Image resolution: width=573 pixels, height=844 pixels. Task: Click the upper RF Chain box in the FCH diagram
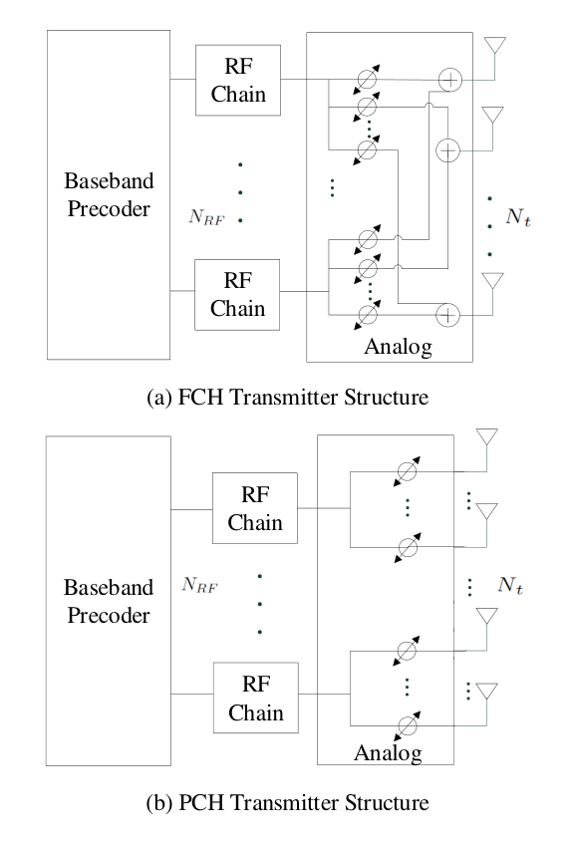click(238, 80)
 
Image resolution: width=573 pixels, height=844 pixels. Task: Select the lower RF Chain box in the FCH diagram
click(237, 294)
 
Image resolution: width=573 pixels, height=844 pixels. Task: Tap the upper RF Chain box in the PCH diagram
click(255, 508)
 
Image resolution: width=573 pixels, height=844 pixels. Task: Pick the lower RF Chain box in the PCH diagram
click(256, 698)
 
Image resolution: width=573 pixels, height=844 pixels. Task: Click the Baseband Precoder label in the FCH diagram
click(109, 194)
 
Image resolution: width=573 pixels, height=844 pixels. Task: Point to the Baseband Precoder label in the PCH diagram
click(109, 601)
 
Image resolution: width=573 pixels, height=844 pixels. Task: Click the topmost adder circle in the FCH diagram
click(450, 80)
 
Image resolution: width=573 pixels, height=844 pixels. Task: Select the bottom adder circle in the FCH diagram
click(447, 315)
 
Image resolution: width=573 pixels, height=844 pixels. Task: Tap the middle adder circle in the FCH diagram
click(447, 150)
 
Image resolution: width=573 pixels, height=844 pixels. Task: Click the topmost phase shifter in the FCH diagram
click(367, 79)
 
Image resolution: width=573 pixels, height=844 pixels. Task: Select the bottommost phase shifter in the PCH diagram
click(408, 726)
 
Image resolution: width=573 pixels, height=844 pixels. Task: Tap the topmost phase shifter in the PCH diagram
click(407, 472)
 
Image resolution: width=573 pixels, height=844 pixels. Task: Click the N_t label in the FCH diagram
click(518, 217)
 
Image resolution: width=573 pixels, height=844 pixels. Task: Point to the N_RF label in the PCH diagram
click(199, 585)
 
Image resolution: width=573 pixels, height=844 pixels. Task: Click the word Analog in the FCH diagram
click(398, 347)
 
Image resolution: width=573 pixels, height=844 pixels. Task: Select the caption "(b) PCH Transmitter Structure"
click(288, 802)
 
